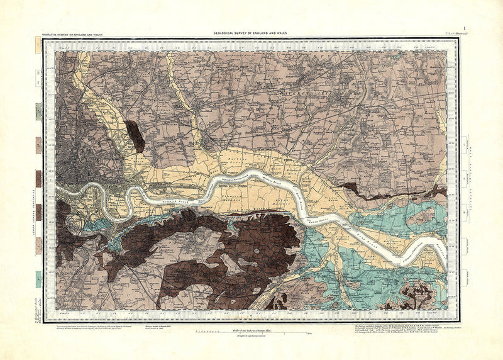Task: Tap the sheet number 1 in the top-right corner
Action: tap(464, 27)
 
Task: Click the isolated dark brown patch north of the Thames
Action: tap(135, 135)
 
